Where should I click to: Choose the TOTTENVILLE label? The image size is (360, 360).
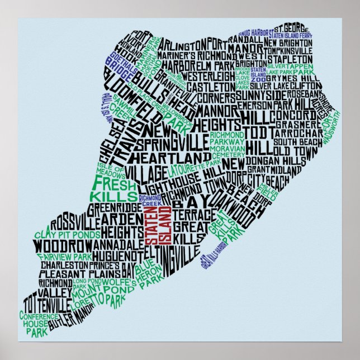pos(46,305)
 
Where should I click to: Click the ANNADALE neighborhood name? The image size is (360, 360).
pos(119,244)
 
